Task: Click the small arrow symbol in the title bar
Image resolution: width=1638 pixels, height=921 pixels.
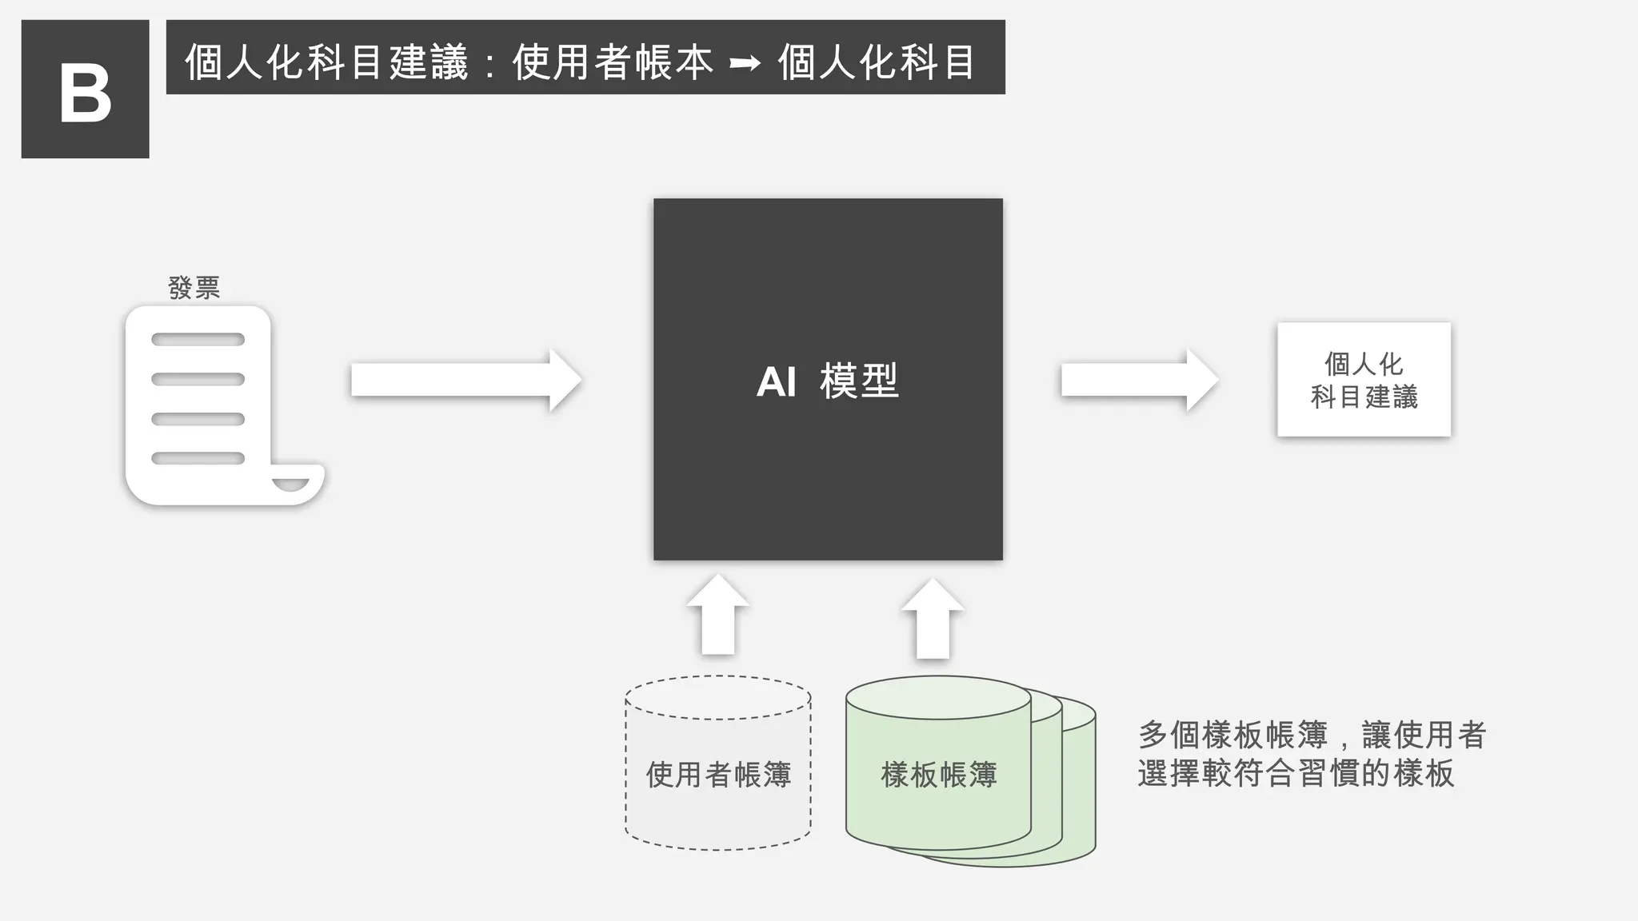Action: (744, 62)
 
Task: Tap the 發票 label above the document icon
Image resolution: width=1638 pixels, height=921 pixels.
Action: (194, 288)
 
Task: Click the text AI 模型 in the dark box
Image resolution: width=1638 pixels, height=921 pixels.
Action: (827, 381)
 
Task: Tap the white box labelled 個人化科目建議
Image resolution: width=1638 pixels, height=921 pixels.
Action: (1364, 380)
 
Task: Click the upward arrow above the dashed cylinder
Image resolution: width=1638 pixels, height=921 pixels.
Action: (717, 615)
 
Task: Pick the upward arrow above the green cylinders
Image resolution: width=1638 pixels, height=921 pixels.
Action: (933, 618)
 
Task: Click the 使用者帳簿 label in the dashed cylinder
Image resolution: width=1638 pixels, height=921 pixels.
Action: (718, 774)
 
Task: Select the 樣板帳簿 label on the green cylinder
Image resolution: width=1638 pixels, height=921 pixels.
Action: (939, 774)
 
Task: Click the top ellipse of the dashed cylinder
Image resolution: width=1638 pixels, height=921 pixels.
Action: (717, 697)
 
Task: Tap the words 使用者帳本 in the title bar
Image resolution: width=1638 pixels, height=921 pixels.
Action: (612, 62)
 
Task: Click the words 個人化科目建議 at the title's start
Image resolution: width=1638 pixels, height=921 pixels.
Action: (326, 62)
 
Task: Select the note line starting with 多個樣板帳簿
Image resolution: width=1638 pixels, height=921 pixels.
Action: (1312, 735)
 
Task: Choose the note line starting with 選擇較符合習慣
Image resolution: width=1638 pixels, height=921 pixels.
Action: (1296, 773)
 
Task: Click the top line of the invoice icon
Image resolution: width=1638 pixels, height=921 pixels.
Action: (198, 340)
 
